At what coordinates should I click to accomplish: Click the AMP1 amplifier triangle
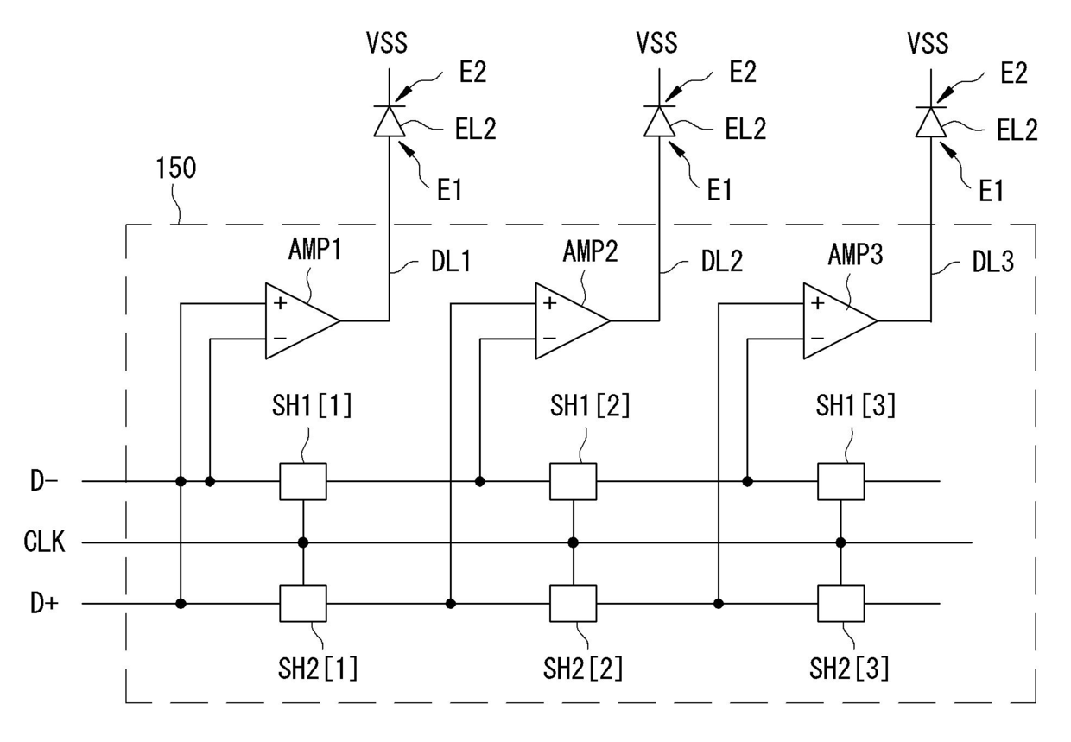[x=302, y=320]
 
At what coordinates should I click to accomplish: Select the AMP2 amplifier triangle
[x=573, y=320]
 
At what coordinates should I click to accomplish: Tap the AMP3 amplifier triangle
[x=840, y=320]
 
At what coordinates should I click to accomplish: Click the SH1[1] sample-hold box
[x=303, y=481]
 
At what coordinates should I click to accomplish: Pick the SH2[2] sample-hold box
[x=573, y=603]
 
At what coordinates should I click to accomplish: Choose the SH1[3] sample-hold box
[x=840, y=481]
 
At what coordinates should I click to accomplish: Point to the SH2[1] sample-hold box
[x=303, y=603]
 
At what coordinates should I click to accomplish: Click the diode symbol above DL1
[x=390, y=121]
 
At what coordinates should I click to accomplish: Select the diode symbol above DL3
[x=931, y=122]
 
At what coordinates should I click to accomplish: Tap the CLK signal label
[x=44, y=542]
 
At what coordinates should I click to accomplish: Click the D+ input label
[x=44, y=603]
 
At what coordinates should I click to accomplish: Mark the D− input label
[x=44, y=481]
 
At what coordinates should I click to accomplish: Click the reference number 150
[x=176, y=168]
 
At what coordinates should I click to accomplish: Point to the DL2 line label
[x=722, y=262]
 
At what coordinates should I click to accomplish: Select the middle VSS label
[x=657, y=42]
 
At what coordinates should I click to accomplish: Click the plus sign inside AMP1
[x=280, y=303]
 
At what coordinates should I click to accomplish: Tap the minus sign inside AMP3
[x=818, y=339]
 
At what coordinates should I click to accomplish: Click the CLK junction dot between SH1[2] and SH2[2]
[x=573, y=542]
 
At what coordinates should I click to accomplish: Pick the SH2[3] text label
[x=849, y=669]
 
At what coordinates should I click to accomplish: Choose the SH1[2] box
[x=573, y=481]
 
